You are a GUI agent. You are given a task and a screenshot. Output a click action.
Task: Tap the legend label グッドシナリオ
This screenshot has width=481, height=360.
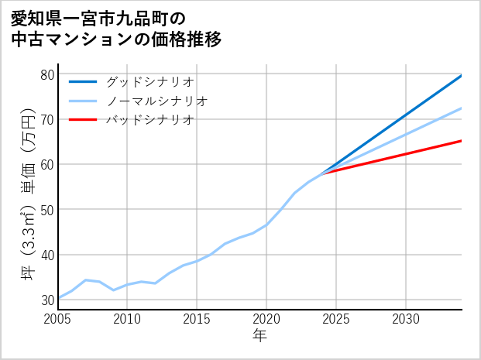click(149, 81)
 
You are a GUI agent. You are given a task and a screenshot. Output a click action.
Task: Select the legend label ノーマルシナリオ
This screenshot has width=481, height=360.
click(156, 101)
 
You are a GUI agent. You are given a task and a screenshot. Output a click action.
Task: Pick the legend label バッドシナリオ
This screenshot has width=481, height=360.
click(149, 120)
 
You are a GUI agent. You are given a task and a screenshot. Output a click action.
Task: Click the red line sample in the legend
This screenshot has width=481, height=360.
click(84, 120)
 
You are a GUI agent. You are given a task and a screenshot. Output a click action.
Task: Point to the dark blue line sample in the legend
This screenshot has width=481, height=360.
click(84, 81)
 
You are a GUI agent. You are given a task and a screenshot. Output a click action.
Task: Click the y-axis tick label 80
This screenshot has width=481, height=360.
click(46, 74)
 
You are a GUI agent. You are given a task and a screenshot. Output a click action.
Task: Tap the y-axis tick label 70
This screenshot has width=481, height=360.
click(46, 119)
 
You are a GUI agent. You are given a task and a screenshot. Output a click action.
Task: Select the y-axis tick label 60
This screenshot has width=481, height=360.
click(46, 164)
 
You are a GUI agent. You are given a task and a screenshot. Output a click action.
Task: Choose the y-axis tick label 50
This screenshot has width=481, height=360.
click(46, 210)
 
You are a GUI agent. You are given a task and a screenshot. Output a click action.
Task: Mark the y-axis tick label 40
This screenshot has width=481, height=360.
click(46, 255)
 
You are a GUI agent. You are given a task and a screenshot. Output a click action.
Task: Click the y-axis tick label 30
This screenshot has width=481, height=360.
click(46, 300)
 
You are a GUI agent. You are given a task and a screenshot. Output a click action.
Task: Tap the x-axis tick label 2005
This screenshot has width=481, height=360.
click(58, 319)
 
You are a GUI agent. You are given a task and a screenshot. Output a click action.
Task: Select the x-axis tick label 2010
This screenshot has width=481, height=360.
click(128, 319)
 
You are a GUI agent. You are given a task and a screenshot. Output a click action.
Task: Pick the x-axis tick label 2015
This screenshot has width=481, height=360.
click(197, 319)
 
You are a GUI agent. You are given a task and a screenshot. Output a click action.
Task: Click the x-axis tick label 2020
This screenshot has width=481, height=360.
click(266, 319)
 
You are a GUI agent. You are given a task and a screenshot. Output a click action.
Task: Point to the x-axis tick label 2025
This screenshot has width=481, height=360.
click(336, 319)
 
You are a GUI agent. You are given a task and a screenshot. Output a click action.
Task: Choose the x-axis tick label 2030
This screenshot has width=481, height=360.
click(406, 319)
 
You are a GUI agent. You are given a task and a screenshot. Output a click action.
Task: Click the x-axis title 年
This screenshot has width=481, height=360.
click(260, 336)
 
